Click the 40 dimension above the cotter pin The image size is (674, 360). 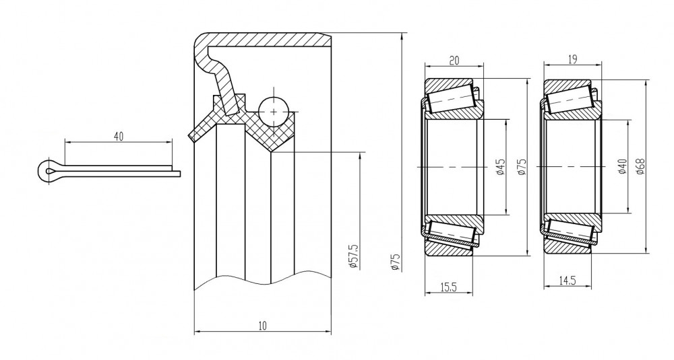tap(119, 137)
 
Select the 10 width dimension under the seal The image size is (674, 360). tap(263, 326)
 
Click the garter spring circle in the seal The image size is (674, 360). tap(274, 112)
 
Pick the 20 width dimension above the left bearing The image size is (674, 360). tap(454, 61)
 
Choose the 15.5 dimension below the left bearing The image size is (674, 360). tap(448, 287)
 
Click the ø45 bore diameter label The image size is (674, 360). tap(500, 167)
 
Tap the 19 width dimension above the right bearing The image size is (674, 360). tap(572, 59)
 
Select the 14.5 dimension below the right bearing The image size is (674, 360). tap(568, 281)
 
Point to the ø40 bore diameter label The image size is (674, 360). tap(622, 166)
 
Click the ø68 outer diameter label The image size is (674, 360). tap(640, 166)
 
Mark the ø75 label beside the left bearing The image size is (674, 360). tap(522, 167)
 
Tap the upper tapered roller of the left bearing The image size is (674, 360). tap(452, 99)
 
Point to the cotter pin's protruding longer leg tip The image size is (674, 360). tap(180, 174)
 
